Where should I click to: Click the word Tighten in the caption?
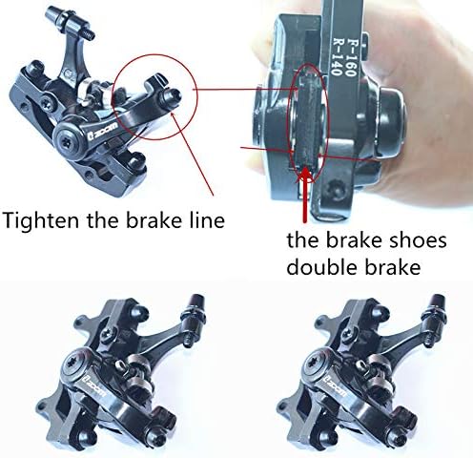point(41,219)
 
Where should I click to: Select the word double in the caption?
point(322,267)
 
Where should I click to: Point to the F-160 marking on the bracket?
point(350,57)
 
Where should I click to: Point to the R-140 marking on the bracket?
point(337,57)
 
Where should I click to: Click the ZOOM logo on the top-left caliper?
point(102,131)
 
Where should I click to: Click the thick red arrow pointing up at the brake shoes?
point(305,195)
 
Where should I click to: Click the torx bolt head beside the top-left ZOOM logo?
point(69,140)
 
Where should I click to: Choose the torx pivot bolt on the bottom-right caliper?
point(316,364)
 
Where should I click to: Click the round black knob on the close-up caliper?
point(391,122)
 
